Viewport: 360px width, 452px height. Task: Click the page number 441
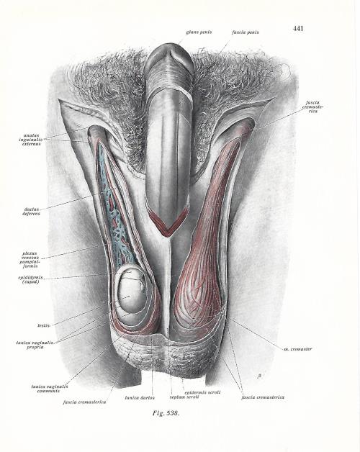[x=298, y=28]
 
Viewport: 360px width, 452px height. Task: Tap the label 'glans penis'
[x=199, y=32]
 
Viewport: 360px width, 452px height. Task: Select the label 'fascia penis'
[x=246, y=32]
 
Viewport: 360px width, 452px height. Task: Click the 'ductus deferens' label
[x=31, y=212]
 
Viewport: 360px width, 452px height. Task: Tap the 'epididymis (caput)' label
[x=30, y=279]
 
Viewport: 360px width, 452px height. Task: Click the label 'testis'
[x=43, y=325]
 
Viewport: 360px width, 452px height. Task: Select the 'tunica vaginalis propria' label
[x=35, y=345]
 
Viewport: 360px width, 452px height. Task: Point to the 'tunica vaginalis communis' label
[x=50, y=389]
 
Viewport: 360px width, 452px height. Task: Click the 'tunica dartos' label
[x=140, y=398]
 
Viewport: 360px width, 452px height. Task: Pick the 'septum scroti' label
[x=184, y=397]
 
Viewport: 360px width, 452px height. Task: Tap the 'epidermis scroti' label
[x=202, y=392]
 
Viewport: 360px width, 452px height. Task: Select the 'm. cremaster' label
[x=297, y=349]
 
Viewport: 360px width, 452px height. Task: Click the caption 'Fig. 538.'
[x=166, y=413]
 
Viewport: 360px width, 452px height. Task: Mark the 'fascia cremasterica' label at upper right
[x=312, y=107]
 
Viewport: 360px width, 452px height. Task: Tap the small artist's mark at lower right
[x=260, y=376]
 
